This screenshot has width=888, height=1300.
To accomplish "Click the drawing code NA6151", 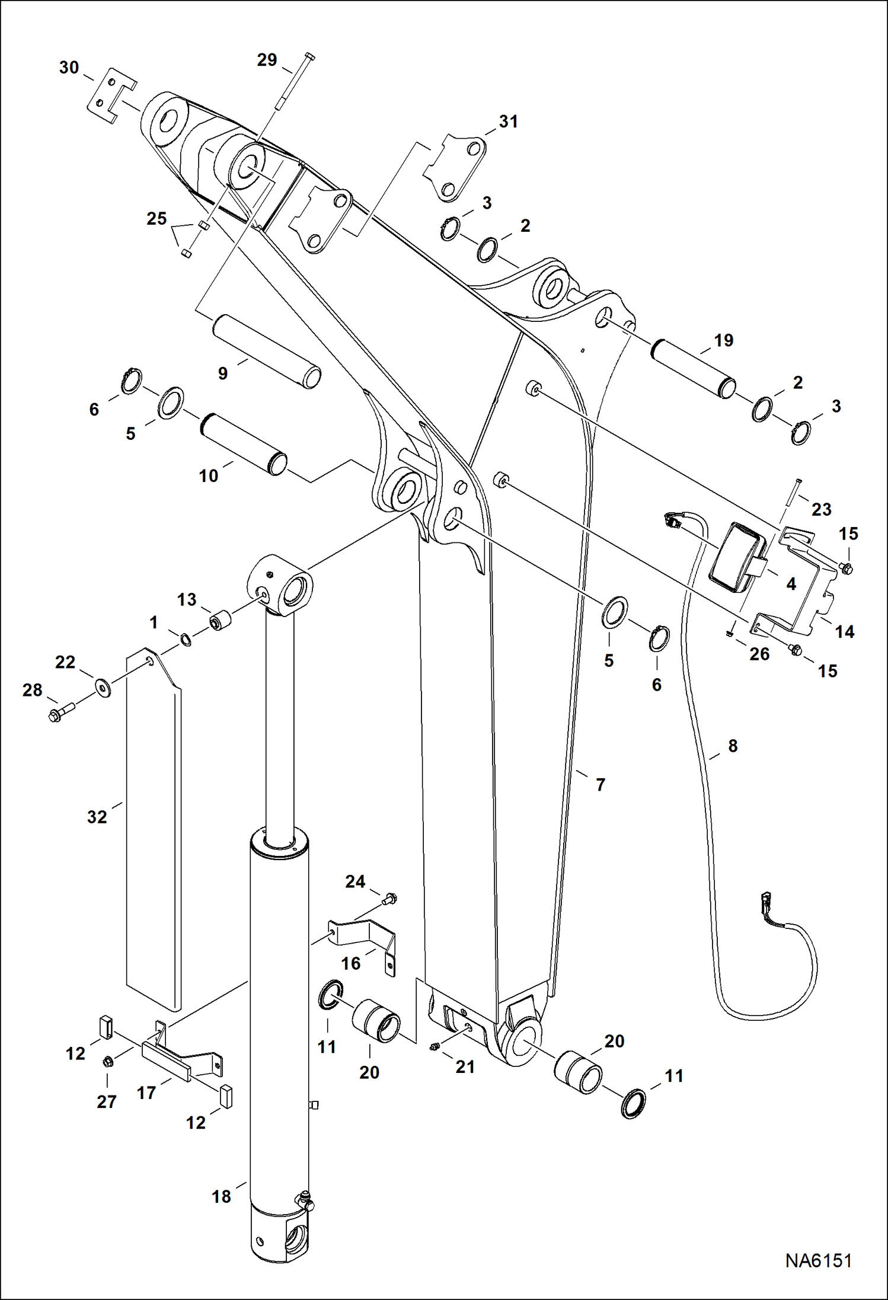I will pos(818,1261).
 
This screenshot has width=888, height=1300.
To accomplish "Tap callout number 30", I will pos(69,68).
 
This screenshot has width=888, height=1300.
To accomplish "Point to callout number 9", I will pos(222,373).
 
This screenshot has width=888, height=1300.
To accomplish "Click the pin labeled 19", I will pos(694,368).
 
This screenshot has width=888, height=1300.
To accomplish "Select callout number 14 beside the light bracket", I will pos(844,632).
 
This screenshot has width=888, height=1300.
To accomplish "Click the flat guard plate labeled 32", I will pos(153,830).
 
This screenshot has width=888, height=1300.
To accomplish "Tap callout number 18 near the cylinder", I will pos(221,1196).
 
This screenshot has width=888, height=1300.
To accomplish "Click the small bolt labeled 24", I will pos(390,899).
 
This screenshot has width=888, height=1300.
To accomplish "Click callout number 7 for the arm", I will pos(600,785).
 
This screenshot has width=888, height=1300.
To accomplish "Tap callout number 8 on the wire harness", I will pos(733,746).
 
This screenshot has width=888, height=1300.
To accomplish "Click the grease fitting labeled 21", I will pos(433,1049).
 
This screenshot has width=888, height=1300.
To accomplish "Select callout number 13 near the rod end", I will pos(186,600).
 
